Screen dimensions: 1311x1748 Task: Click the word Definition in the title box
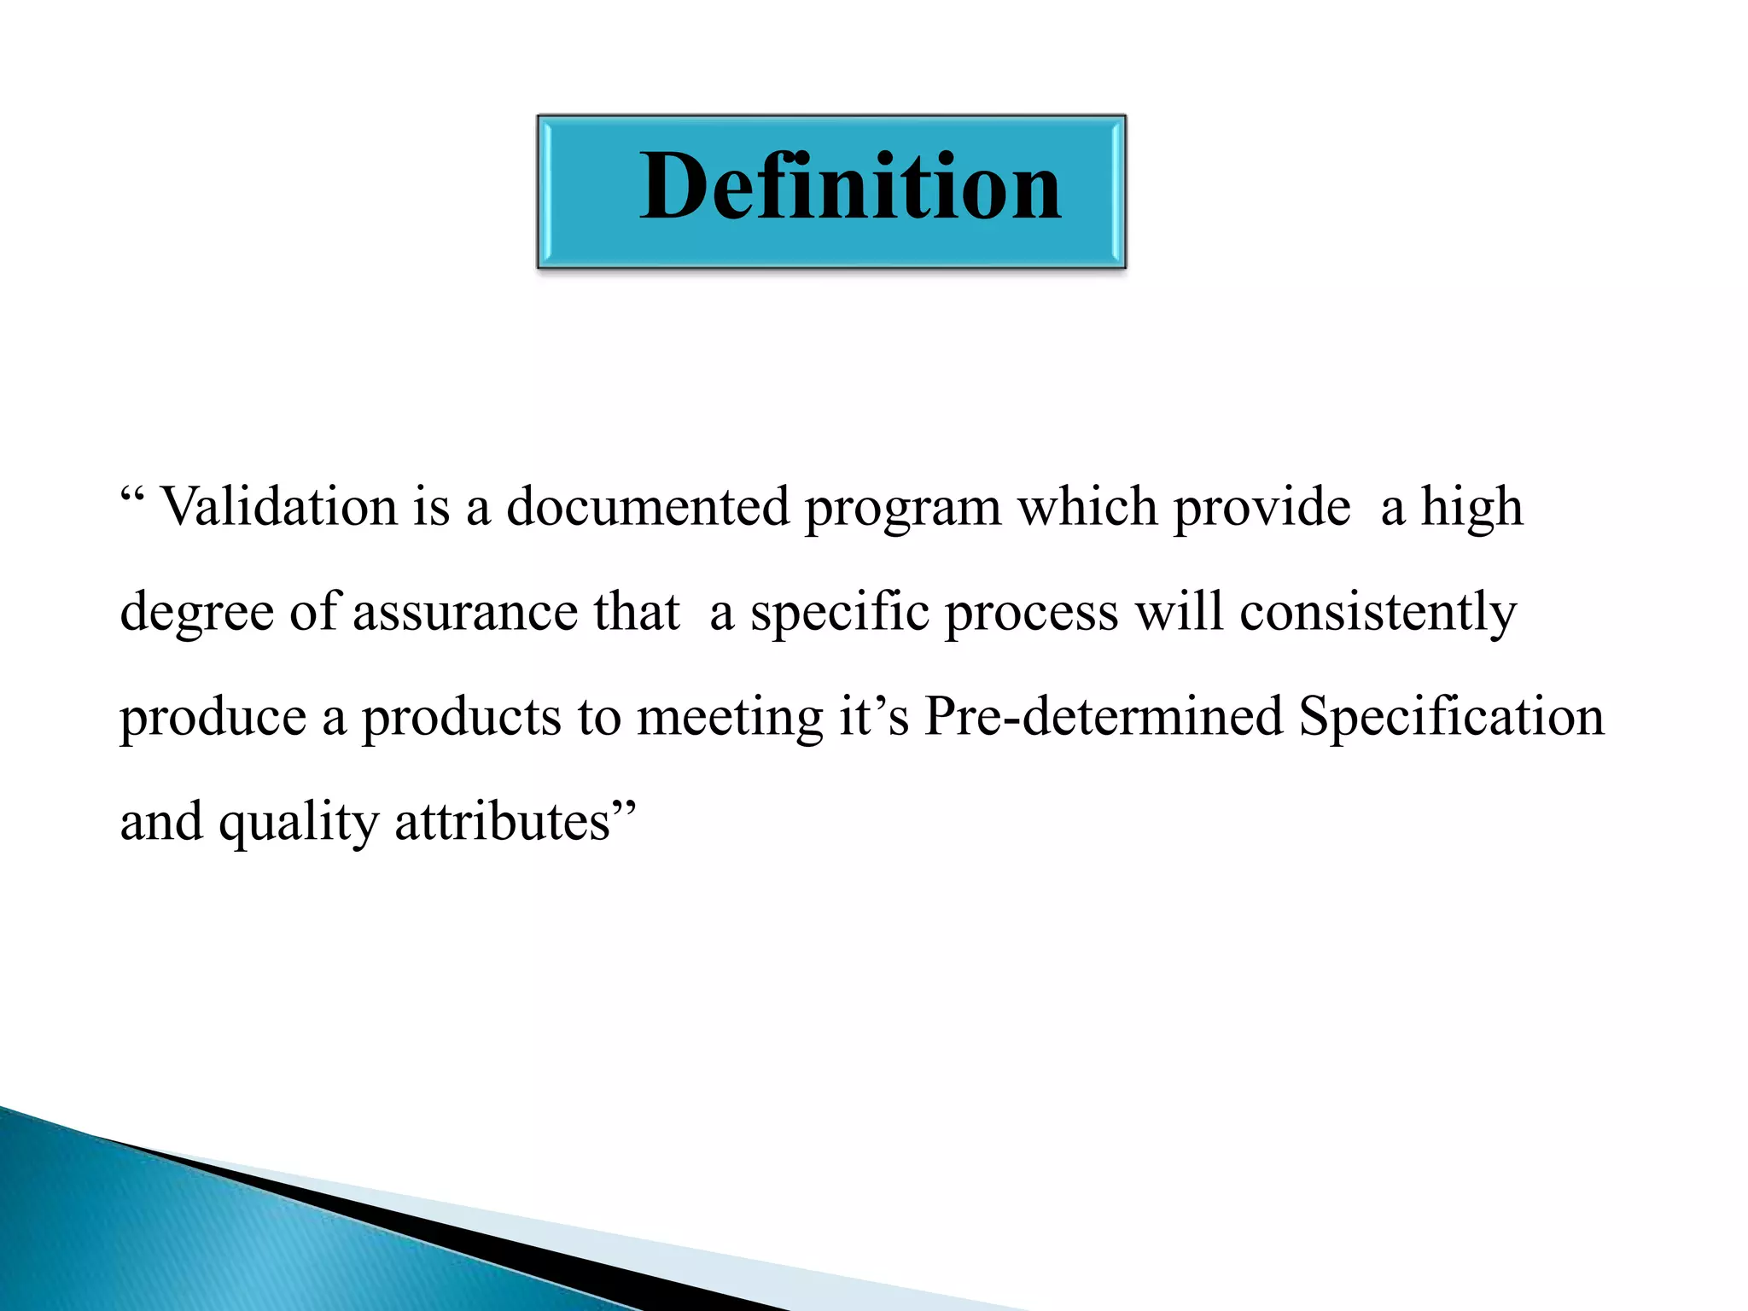(850, 186)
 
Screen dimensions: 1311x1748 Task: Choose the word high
(1471, 509)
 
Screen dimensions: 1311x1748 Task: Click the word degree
(196, 614)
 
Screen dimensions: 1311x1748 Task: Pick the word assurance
(464, 612)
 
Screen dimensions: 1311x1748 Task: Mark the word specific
(839, 613)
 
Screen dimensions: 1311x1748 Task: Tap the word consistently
(1378, 613)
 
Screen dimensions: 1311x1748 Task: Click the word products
(461, 719)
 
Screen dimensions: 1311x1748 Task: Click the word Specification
(1451, 717)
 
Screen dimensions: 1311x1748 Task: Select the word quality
(298, 824)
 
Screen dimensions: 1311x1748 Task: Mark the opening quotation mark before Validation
(131, 495)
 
